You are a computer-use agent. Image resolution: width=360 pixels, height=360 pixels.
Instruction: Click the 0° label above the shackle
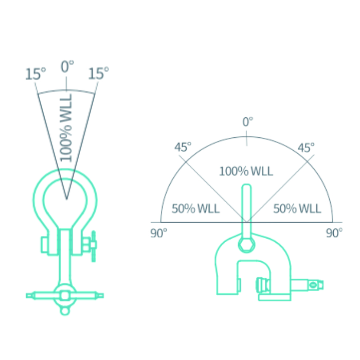[x=67, y=66]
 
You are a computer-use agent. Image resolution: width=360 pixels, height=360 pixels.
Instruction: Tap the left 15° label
[x=35, y=74]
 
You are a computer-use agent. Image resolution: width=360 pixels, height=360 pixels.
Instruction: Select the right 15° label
[x=98, y=73]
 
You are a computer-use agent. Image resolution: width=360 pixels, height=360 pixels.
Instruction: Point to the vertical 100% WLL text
[x=66, y=128]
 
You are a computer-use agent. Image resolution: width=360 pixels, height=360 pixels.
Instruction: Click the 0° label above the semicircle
[x=248, y=122]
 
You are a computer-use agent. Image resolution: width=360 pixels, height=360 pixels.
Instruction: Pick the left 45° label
[x=183, y=147]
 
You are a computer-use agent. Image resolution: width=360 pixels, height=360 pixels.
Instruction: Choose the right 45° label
[x=306, y=148]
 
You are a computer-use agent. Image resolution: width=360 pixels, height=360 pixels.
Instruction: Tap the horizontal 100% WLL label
[x=246, y=171]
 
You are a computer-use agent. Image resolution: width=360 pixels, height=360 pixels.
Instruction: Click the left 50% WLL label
[x=195, y=209]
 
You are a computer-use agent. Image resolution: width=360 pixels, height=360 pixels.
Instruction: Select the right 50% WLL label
[x=297, y=209]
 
